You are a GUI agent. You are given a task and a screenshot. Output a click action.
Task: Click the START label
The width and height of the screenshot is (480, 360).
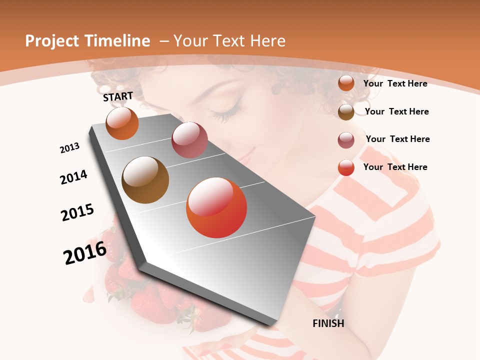(x=118, y=96)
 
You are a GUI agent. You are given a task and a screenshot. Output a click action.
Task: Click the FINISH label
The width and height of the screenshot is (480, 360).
(x=328, y=323)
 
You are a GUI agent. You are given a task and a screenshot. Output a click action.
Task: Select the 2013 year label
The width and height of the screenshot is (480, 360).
(x=69, y=147)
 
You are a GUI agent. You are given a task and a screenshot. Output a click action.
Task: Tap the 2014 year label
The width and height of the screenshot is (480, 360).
(x=73, y=177)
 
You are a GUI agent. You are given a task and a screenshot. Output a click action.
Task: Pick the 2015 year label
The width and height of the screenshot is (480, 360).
(x=77, y=212)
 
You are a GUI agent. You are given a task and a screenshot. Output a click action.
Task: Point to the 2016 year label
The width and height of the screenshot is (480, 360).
(x=85, y=252)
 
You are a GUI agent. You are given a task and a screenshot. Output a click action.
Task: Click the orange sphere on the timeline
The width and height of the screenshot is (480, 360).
(x=122, y=123)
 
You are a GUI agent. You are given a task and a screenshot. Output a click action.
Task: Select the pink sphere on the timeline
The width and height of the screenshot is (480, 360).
(x=189, y=140)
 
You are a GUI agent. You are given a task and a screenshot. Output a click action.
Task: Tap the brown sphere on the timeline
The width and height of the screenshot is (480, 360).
(x=145, y=180)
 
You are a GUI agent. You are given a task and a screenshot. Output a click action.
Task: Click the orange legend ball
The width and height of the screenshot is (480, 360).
(x=346, y=83)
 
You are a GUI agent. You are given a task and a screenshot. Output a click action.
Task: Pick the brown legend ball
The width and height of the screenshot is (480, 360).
(x=346, y=112)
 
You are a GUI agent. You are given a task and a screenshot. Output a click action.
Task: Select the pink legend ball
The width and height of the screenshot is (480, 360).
(x=346, y=140)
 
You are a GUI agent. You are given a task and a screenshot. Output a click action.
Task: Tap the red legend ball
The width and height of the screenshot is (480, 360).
(x=346, y=167)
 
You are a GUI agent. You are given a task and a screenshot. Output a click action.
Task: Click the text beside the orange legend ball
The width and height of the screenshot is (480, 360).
(x=395, y=83)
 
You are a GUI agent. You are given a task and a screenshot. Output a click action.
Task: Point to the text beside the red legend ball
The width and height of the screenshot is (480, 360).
(x=395, y=167)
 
